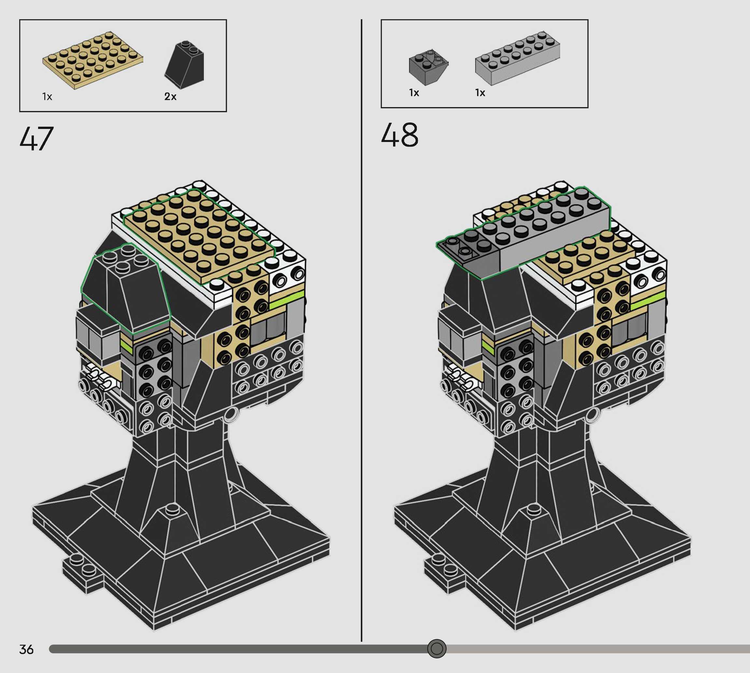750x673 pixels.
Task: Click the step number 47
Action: click(36, 138)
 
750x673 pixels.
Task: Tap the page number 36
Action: click(26, 649)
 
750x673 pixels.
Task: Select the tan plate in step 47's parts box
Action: click(92, 60)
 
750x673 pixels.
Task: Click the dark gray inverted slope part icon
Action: click(428, 67)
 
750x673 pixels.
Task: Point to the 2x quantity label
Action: click(170, 96)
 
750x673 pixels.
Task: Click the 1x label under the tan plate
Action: click(47, 96)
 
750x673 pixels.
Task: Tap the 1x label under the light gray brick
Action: click(480, 92)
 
